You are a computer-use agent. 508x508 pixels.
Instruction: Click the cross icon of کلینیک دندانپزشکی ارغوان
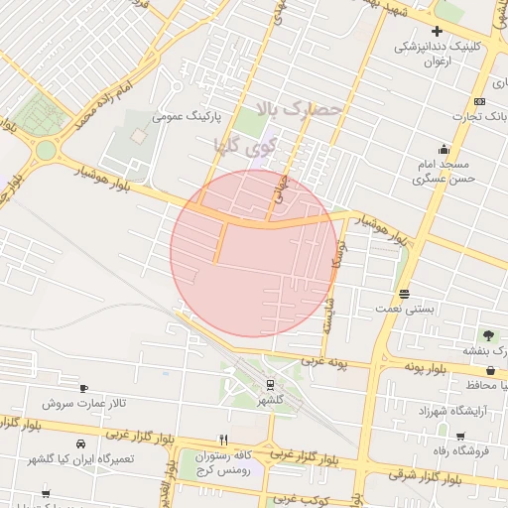pyautogui.click(x=437, y=32)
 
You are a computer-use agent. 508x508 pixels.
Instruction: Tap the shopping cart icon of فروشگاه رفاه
pyautogui.click(x=460, y=437)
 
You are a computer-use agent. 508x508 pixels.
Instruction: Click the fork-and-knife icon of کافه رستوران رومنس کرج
pyautogui.click(x=223, y=440)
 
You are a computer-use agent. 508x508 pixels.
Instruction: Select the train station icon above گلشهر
pyautogui.click(x=270, y=385)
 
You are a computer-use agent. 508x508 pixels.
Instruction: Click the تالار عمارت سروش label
pyautogui.click(x=84, y=404)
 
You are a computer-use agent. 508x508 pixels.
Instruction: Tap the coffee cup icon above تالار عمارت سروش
pyautogui.click(x=83, y=388)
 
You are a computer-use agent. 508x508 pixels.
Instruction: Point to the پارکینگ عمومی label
pyautogui.click(x=184, y=116)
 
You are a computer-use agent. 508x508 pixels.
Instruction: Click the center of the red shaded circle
pyautogui.click(x=254, y=253)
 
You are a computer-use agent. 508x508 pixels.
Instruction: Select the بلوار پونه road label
pyautogui.click(x=429, y=367)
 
